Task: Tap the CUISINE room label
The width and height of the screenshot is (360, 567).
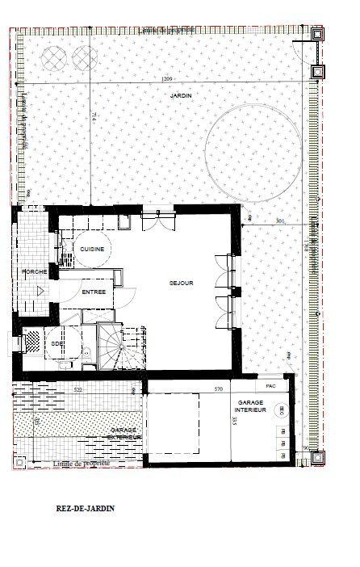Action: point(91,250)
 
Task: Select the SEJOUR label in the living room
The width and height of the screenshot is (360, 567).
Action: point(180,283)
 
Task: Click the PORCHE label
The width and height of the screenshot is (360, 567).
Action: point(33,271)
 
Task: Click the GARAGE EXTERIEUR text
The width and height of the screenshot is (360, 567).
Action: point(125,434)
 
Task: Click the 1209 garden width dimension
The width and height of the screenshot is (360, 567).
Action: point(167,79)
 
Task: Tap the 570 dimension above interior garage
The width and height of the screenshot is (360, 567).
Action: point(217,389)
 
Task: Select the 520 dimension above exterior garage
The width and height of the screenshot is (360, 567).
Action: point(77,389)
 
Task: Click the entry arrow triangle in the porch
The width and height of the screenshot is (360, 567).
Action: point(38,296)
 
